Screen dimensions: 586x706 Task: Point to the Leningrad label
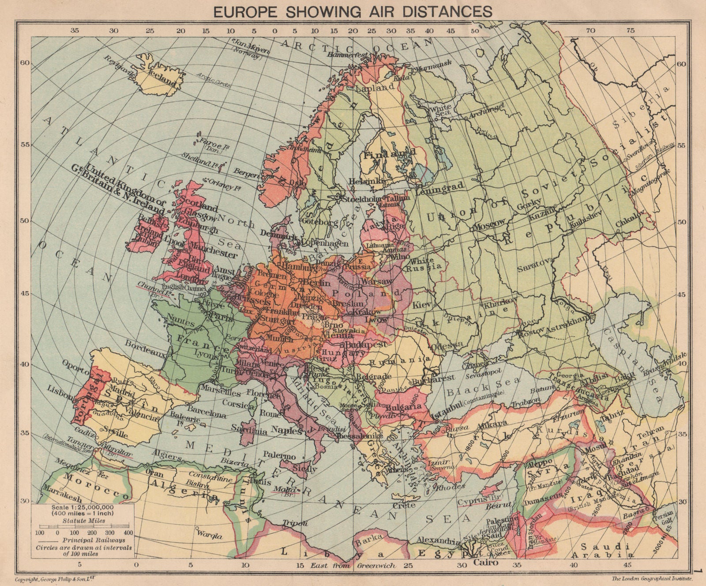click(439, 187)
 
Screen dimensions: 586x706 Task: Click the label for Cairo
click(486, 563)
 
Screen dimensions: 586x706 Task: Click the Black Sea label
click(481, 387)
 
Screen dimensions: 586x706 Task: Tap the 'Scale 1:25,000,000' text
click(83, 507)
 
